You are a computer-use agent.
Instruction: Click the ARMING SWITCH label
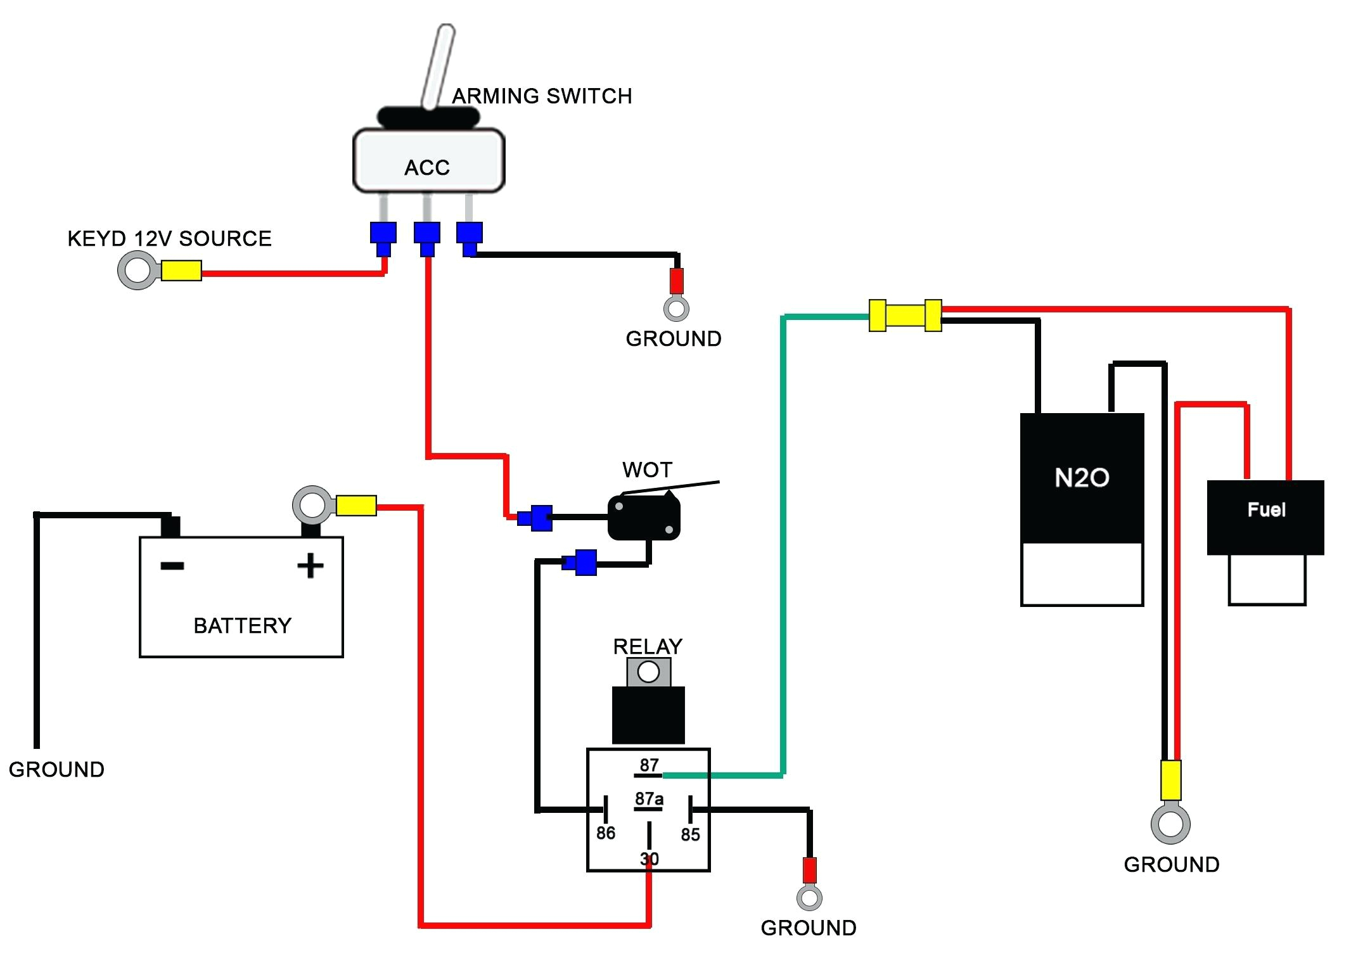542,96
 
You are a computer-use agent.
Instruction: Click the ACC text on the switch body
427,168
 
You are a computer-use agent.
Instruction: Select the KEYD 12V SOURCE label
169,239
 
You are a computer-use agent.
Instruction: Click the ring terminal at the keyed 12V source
137,271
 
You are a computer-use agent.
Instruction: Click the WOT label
647,470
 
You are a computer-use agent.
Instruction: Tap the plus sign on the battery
310,565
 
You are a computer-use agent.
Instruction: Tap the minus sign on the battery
172,566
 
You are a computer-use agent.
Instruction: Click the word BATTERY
242,626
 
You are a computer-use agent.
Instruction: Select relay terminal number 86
606,833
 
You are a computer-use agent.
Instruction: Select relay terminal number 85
690,834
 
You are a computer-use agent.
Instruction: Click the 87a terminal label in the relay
649,799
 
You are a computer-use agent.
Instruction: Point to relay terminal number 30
649,859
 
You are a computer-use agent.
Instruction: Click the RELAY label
648,646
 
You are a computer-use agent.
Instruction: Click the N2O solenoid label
1082,478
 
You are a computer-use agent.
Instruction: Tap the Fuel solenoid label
1266,510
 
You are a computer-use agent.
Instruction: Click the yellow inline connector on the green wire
905,316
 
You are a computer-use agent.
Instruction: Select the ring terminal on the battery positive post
312,505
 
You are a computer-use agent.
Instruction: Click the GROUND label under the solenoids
1171,865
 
